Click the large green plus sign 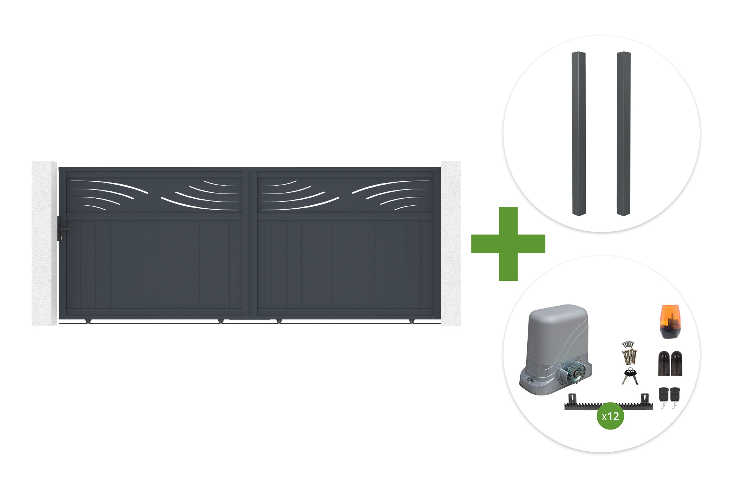click(x=508, y=244)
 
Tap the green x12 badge click(x=610, y=416)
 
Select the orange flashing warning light click(x=670, y=321)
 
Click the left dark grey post click(x=579, y=134)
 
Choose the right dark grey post click(x=623, y=134)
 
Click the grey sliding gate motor click(x=555, y=350)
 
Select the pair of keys click(x=630, y=376)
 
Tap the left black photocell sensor click(x=664, y=363)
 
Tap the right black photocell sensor click(x=676, y=363)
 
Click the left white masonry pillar click(x=44, y=243)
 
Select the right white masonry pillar click(x=451, y=243)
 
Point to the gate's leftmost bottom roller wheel click(x=88, y=321)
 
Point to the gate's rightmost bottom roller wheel click(x=411, y=321)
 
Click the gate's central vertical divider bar click(x=250, y=243)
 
